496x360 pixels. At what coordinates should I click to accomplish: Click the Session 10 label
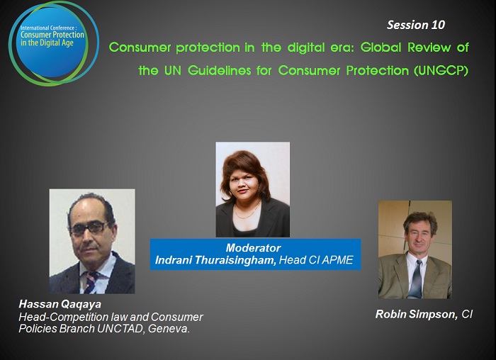(416, 25)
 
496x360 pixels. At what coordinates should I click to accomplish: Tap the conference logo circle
(53, 43)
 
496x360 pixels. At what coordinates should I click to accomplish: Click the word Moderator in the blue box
(253, 248)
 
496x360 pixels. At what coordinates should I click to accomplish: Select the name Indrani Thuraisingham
(215, 260)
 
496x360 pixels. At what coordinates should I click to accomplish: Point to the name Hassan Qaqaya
(60, 304)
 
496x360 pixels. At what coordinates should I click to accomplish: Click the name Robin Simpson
(417, 314)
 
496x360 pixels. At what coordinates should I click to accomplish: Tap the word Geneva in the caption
(169, 329)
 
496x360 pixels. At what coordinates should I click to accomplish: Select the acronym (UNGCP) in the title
(441, 70)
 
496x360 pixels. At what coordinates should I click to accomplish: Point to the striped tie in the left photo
(91, 281)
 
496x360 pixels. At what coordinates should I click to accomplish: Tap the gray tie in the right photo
(416, 279)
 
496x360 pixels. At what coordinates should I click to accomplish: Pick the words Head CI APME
(316, 260)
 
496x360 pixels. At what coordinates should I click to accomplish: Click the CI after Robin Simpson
(467, 314)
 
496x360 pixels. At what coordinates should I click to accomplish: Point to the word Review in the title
(429, 47)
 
